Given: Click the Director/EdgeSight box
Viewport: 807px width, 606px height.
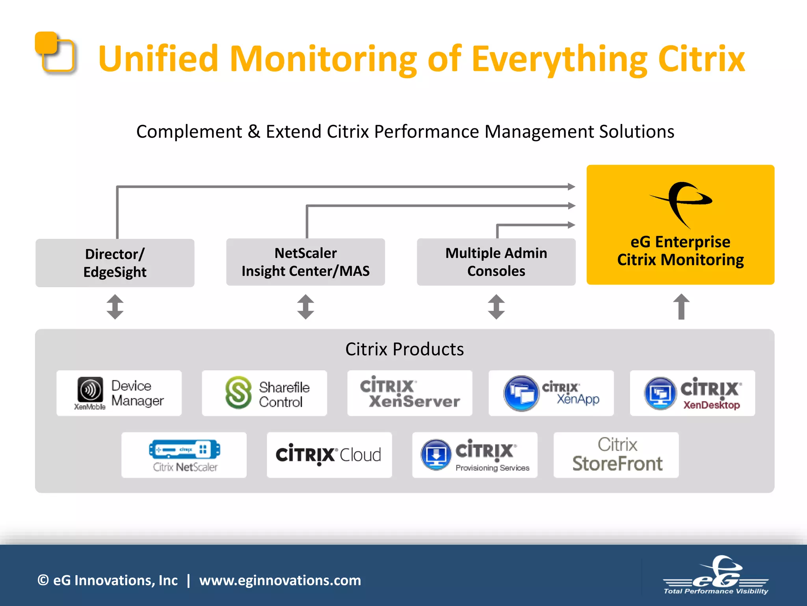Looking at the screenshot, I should click(x=115, y=263).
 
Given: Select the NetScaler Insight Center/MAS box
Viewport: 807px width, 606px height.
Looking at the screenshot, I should click(x=305, y=262).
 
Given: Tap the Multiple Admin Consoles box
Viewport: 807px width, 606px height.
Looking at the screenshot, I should click(x=496, y=262).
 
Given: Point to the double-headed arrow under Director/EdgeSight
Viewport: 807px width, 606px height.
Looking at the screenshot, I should click(x=115, y=307).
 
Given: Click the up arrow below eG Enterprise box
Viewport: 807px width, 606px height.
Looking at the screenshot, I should click(x=681, y=307).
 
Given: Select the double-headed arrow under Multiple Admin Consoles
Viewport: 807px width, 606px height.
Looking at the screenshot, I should click(x=496, y=307).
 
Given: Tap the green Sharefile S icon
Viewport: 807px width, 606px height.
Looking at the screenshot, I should click(x=238, y=393).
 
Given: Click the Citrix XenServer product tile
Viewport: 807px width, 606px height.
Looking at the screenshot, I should click(x=409, y=393).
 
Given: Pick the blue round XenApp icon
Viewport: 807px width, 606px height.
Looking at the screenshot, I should click(x=521, y=393).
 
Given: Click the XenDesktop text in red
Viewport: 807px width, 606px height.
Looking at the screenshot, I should click(x=711, y=405).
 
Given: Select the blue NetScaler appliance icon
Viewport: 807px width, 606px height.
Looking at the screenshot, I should click(x=184, y=449).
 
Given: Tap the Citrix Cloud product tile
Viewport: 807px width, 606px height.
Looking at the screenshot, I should click(x=329, y=455).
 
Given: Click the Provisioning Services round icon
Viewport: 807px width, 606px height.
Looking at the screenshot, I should click(x=436, y=455).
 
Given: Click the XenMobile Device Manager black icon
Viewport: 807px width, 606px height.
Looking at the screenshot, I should click(x=90, y=390).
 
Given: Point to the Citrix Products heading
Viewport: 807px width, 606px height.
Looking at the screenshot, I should click(x=404, y=349).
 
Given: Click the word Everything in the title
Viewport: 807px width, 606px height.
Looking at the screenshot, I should click(x=559, y=59).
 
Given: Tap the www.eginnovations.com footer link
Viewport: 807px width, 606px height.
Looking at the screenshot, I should click(x=280, y=580).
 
